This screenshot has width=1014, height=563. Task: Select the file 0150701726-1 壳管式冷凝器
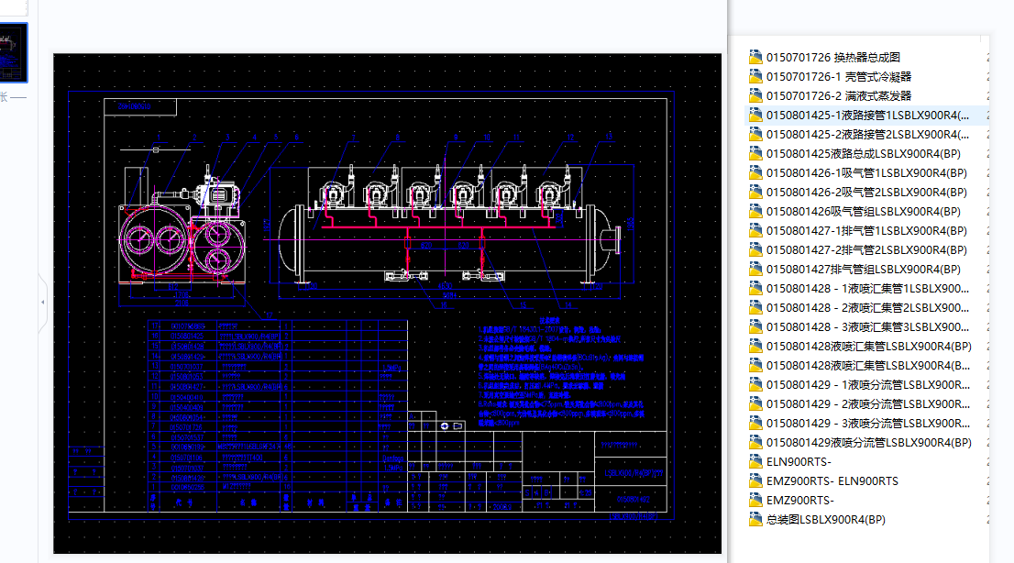[838, 76]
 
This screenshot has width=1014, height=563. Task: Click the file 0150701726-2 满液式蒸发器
[838, 95]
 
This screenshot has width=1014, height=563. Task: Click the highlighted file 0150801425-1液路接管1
[866, 115]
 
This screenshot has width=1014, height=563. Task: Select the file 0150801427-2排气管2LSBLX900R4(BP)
[865, 249]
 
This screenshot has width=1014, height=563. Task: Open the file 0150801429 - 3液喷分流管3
[866, 423]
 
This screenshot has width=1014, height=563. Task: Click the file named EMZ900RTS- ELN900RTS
[832, 480]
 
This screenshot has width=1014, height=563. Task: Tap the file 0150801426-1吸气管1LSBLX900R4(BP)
[865, 172]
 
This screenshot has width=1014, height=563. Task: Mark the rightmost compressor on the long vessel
[551, 194]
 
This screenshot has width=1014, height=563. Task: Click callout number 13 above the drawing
[609, 137]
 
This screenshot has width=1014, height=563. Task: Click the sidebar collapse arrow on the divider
[42, 302]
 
